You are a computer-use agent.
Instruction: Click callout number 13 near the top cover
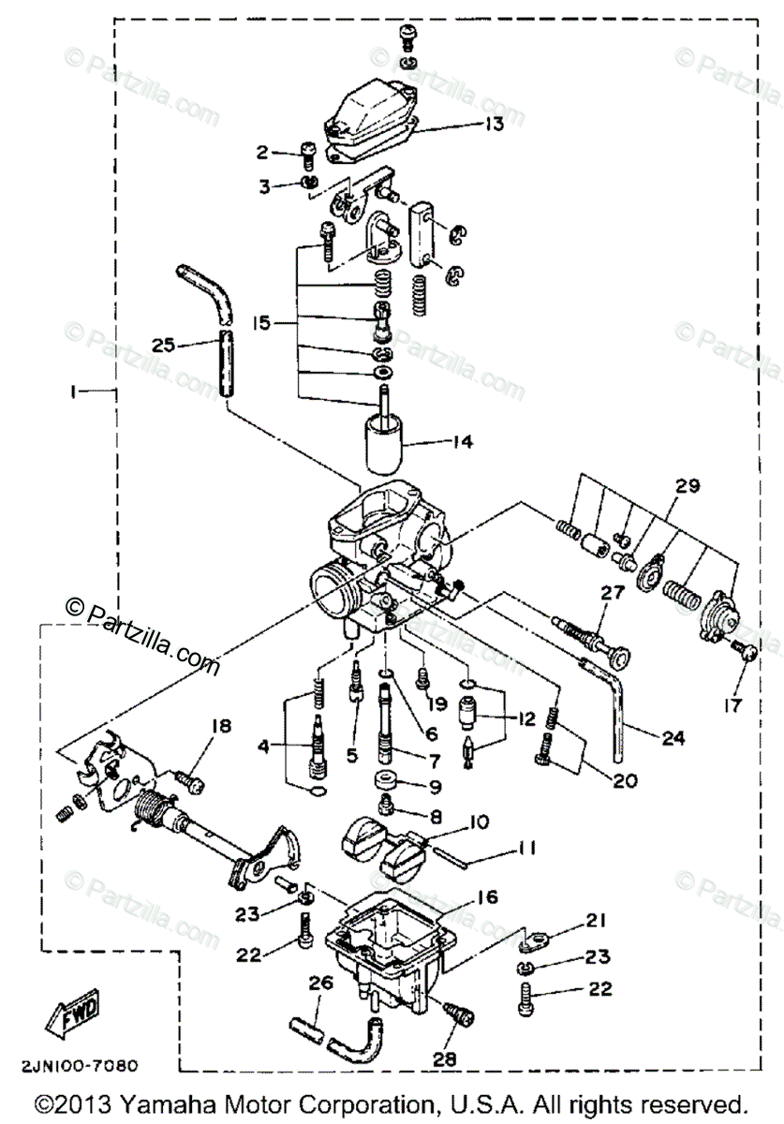click(494, 124)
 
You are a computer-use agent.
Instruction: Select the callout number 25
click(163, 345)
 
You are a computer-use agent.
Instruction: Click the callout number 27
click(613, 592)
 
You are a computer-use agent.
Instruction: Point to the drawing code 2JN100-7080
click(82, 1065)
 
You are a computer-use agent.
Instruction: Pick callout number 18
click(220, 727)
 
